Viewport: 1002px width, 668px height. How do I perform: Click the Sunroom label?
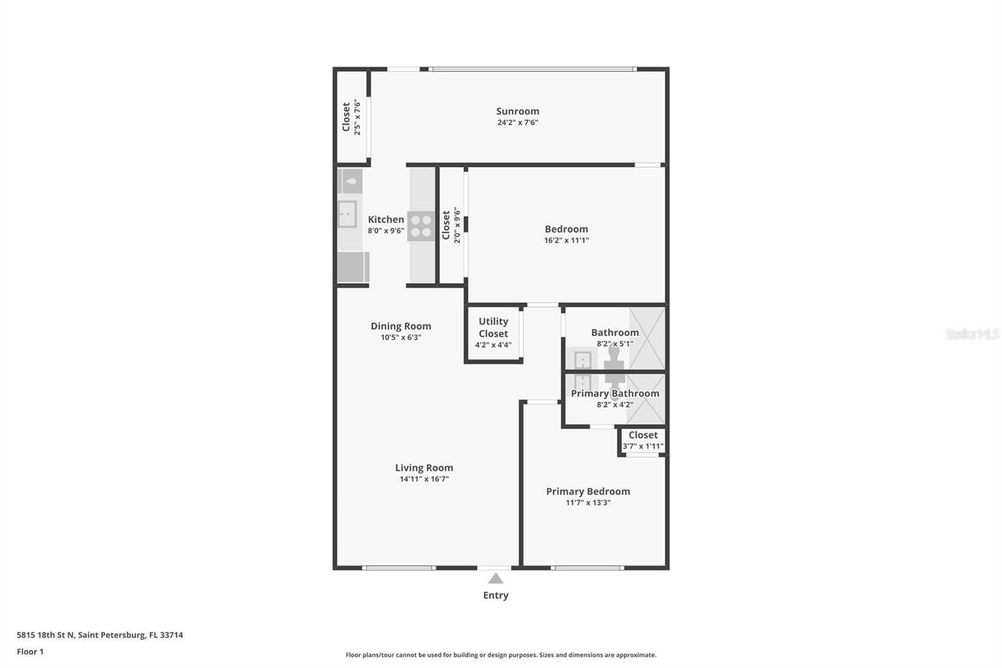coord(517,112)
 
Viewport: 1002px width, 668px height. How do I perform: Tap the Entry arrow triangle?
coord(495,578)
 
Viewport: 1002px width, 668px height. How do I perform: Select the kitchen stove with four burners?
coord(421,226)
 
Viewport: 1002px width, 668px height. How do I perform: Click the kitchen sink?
coord(347,214)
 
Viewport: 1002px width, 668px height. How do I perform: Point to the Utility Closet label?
coord(493,327)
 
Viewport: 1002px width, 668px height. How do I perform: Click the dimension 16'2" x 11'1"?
coord(566,240)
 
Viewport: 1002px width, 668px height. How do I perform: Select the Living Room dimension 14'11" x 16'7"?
coord(424,479)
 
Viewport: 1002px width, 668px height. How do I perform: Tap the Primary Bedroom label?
coord(587,491)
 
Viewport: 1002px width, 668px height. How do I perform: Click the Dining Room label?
coord(401,326)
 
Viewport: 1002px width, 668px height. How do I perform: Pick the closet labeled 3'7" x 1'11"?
coord(643,441)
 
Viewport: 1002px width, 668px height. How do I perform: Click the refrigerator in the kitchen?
coord(352,267)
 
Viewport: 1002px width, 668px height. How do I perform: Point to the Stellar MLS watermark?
coord(972,334)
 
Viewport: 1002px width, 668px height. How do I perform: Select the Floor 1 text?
coord(30,652)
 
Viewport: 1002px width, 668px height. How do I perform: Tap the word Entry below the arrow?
coord(495,595)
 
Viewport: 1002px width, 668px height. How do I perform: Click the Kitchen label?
coord(386,219)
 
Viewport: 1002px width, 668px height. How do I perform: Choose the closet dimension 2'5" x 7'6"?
coord(357,117)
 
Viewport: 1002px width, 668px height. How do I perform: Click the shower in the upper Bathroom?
coord(646,338)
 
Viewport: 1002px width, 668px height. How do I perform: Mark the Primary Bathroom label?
coord(614,394)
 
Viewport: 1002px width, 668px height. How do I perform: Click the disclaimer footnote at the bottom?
coord(501,655)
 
